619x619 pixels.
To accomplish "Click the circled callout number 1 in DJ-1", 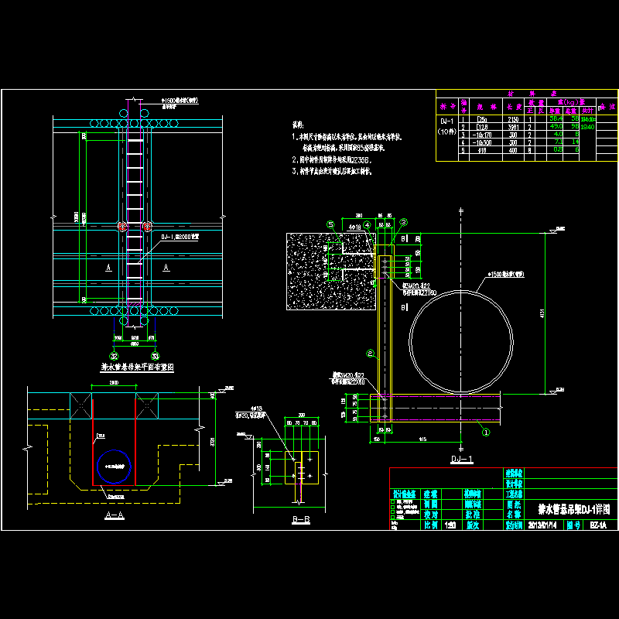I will click(x=486, y=425).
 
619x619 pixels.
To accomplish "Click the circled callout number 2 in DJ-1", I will click(x=371, y=354).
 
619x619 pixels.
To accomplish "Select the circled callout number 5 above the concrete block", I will click(x=330, y=224).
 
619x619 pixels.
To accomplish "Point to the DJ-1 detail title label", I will click(x=461, y=459).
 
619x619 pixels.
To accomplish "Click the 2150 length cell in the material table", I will click(x=511, y=119).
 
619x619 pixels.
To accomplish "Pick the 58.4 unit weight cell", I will click(x=555, y=119).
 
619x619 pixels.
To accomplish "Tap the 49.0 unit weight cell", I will click(x=555, y=127).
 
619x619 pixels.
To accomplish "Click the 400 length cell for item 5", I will click(x=511, y=149).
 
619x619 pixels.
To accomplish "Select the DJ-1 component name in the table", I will click(x=447, y=121).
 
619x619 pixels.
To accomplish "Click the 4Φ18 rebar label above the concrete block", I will click(x=355, y=227).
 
